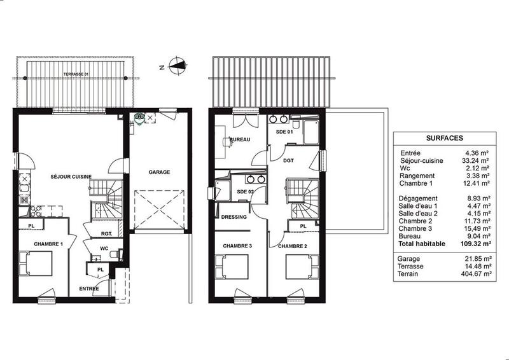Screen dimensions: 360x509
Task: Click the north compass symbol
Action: coord(180,64)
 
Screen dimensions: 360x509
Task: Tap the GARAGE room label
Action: coord(159,172)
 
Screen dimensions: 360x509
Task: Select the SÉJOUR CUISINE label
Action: coord(71,176)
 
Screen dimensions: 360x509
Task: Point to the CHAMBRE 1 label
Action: coord(48,244)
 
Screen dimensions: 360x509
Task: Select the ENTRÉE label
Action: coord(88,288)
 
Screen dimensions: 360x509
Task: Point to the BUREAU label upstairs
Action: coord(239,139)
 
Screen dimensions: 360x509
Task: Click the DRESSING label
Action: coord(234,217)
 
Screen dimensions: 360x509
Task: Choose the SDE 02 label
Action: coord(245,191)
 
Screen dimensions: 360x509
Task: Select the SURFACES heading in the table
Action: coord(444,137)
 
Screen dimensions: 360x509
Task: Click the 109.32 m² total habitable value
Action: coord(475,243)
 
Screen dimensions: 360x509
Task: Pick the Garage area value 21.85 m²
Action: coord(478,259)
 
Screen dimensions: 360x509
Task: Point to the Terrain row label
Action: coord(410,273)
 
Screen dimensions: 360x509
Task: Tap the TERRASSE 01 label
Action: coord(76,75)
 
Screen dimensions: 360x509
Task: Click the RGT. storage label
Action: coord(106,233)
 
